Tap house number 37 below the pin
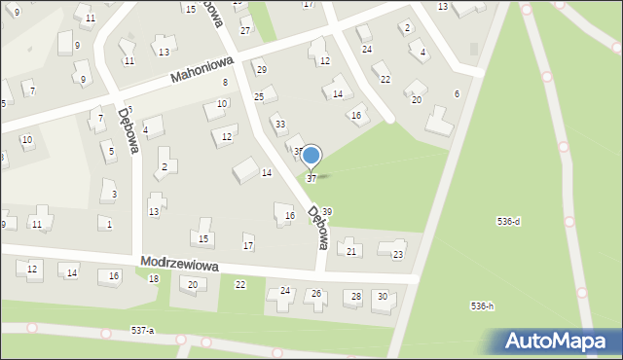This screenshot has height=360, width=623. pos(311,179)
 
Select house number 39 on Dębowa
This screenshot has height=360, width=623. pos(328,212)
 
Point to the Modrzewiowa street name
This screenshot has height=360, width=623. pos(178,265)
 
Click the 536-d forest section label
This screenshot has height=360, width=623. pos(508,222)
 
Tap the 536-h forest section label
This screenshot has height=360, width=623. pos(482,306)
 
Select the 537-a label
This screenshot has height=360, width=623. pos(142,331)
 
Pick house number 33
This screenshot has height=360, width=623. pos(280,125)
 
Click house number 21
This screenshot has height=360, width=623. pos(351,252)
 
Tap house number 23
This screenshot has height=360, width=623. pos(397,255)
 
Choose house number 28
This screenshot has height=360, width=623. pos(356,296)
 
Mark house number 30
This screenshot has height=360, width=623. pos(383,296)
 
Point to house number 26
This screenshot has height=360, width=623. pos(316,293)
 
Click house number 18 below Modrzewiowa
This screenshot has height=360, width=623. pos(154,279)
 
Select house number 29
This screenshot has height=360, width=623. pos(261,69)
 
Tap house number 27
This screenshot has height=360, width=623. pos(245,31)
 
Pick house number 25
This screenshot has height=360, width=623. pos(259,97)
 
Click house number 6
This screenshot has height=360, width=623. pos(457,93)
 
